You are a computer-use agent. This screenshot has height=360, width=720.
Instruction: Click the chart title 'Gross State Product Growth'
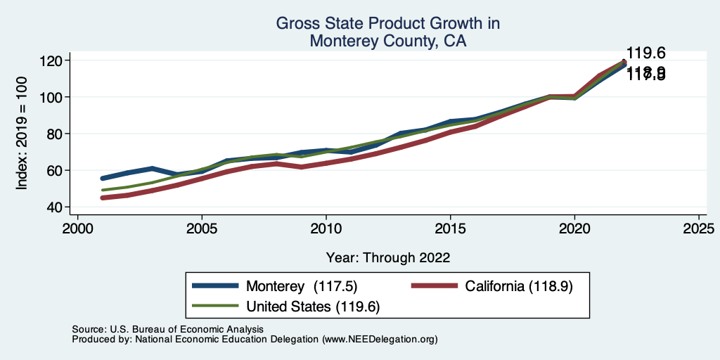(x=387, y=24)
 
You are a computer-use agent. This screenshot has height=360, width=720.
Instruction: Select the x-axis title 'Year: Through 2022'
(x=387, y=257)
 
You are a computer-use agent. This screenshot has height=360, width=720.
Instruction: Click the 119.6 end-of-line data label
(x=645, y=53)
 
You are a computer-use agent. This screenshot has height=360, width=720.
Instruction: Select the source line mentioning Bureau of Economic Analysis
(x=167, y=329)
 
